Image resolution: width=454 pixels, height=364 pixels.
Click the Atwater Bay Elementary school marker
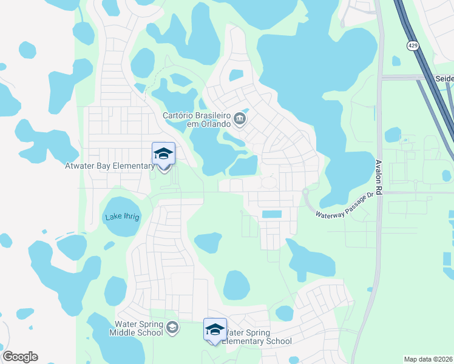click(x=163, y=154)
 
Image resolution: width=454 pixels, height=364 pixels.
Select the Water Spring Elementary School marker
click(x=215, y=329)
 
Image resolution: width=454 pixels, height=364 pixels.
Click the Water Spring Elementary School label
click(x=257, y=337)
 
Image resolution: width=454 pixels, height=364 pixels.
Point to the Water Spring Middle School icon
click(x=172, y=328)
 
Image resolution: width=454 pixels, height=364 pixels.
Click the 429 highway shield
click(x=412, y=45)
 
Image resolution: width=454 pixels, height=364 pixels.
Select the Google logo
click(x=20, y=357)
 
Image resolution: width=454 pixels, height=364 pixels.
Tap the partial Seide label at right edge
click(x=444, y=79)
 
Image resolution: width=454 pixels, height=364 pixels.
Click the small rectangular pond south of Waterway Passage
click(x=271, y=215)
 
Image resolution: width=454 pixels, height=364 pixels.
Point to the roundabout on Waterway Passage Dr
click(x=305, y=192)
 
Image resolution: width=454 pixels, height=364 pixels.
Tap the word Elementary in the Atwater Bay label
click(x=135, y=166)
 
